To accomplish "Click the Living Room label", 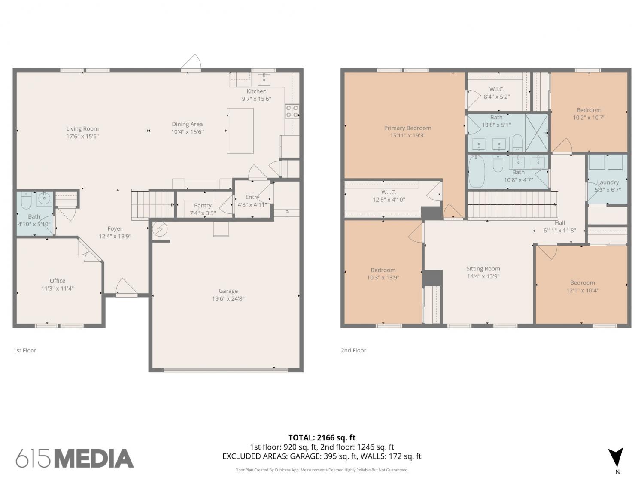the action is (x=82, y=128).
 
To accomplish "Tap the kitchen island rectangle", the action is (x=240, y=131).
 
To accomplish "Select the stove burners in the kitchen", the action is (x=292, y=112).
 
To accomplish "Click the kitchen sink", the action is (x=264, y=79).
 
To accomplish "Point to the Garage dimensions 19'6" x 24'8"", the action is (x=228, y=298).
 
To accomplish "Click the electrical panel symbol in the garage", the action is (x=160, y=229).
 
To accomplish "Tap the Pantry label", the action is (x=203, y=205).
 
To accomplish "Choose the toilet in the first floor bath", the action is (x=26, y=200).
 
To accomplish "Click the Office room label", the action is (x=57, y=281).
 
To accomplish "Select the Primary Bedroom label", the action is (x=407, y=128).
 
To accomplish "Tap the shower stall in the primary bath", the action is (x=536, y=133).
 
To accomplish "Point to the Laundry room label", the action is (x=608, y=182).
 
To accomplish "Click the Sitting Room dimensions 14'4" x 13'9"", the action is (x=483, y=276).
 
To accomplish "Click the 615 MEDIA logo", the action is (x=75, y=459).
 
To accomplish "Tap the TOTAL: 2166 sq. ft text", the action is (x=322, y=438).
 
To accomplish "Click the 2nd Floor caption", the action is (x=353, y=350).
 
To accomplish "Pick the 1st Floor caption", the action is (x=24, y=350).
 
